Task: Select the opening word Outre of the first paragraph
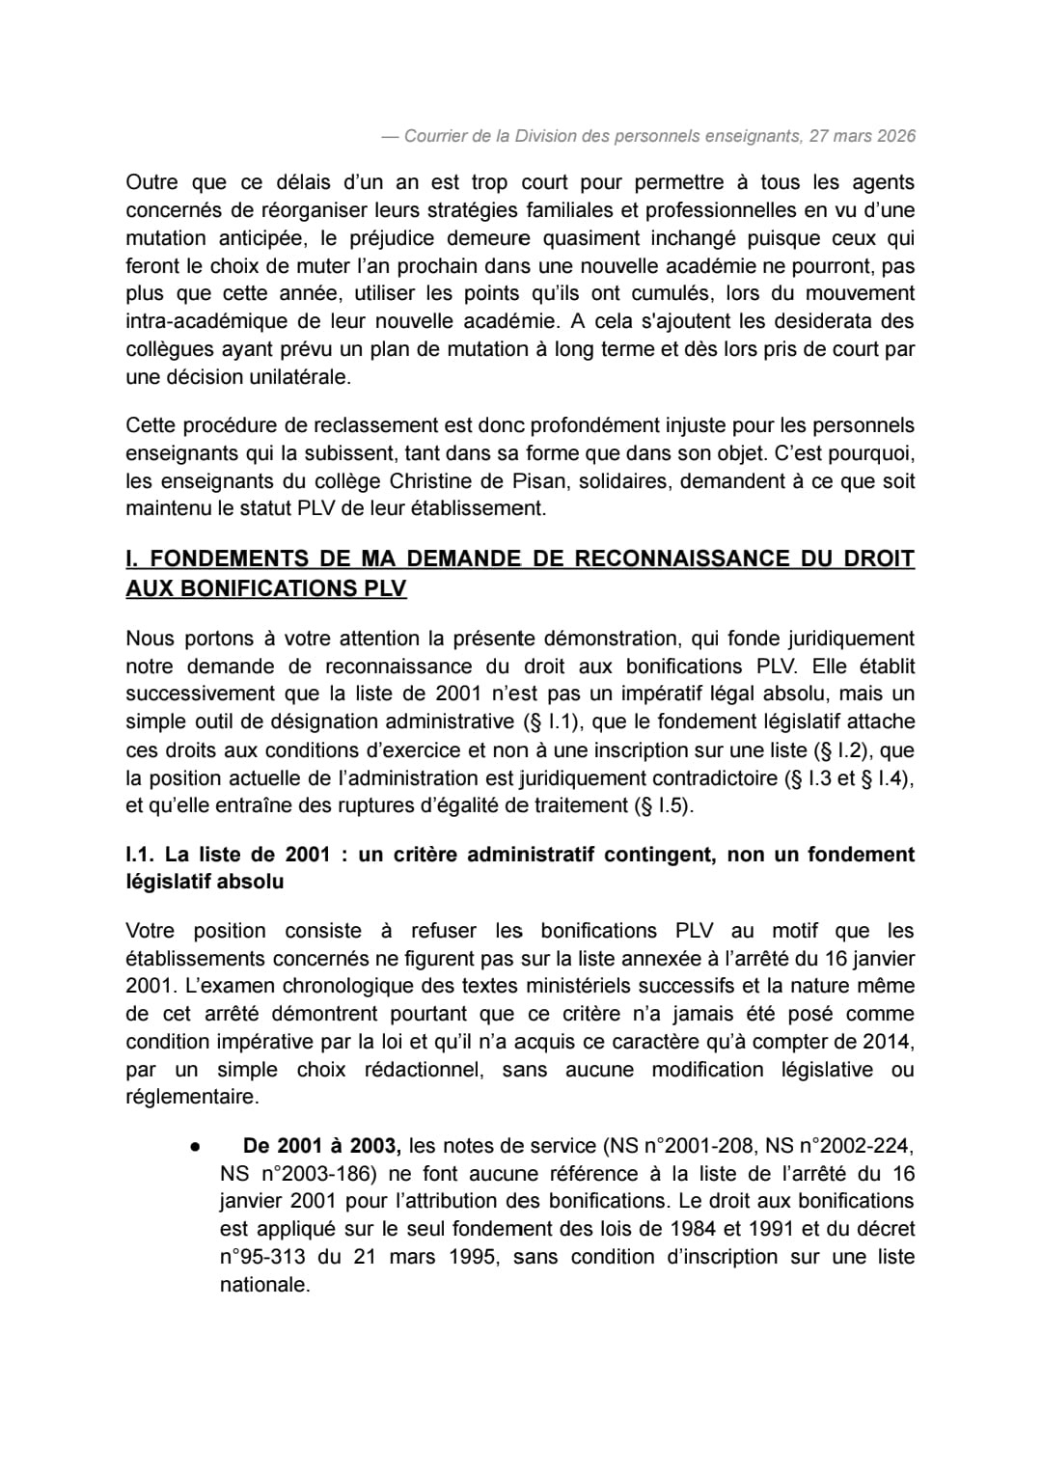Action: [x=151, y=182]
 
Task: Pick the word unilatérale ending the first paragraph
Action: [x=301, y=377]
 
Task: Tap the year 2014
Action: [x=891, y=1042]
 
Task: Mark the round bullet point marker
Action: [x=195, y=1147]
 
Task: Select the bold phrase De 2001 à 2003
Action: [x=321, y=1146]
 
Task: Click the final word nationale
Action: [x=264, y=1285]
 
